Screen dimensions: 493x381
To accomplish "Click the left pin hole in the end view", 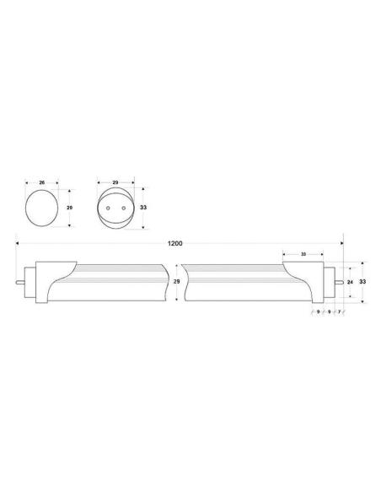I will click(109, 206).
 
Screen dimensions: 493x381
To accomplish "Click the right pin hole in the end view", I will click(121, 206).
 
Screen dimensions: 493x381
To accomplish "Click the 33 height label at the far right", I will click(362, 279).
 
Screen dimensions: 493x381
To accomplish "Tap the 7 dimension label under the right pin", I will click(339, 312).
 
